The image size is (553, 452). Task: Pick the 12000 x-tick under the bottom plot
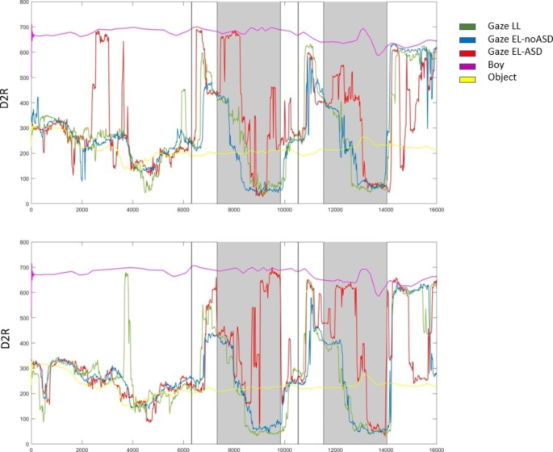tap(335, 449)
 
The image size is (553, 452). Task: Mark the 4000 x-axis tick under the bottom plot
tap(132, 449)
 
